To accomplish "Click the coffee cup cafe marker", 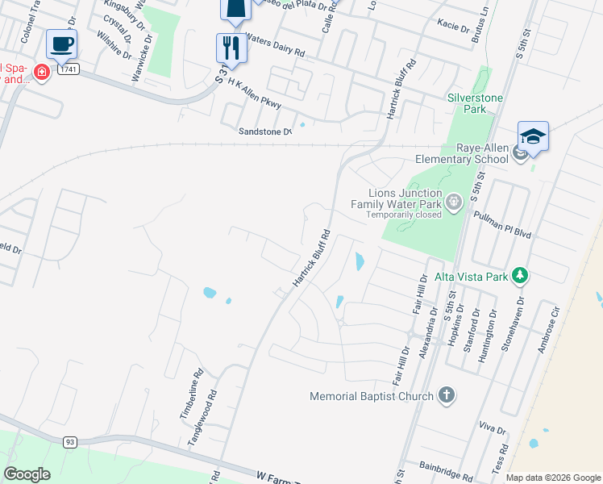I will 61,44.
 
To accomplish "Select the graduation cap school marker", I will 533,136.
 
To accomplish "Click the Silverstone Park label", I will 475,103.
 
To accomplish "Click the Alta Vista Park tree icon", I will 521,277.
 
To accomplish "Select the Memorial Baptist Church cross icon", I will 447,396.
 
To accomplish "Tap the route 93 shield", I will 70,441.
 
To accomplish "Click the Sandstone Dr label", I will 264,131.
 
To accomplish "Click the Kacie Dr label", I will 452,27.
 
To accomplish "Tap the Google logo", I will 27,474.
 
